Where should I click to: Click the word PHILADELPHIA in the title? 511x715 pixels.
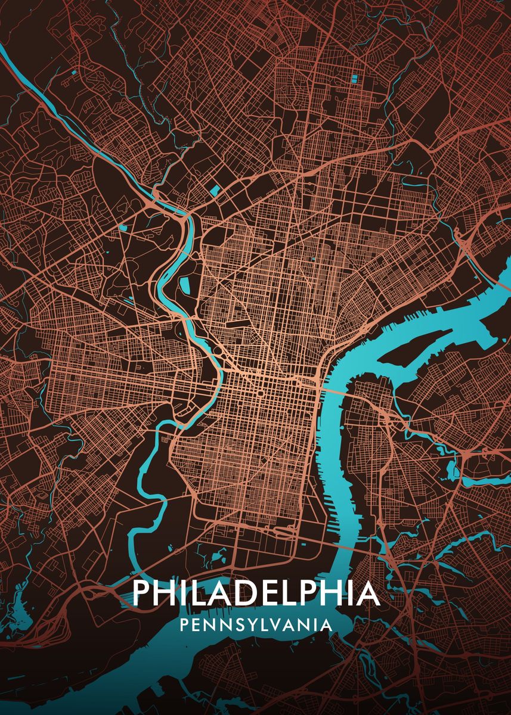pyautogui.click(x=256, y=592)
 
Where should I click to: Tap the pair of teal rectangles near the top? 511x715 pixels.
pyautogui.click(x=355, y=78)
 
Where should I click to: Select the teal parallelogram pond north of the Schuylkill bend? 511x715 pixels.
pyautogui.click(x=213, y=191)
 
